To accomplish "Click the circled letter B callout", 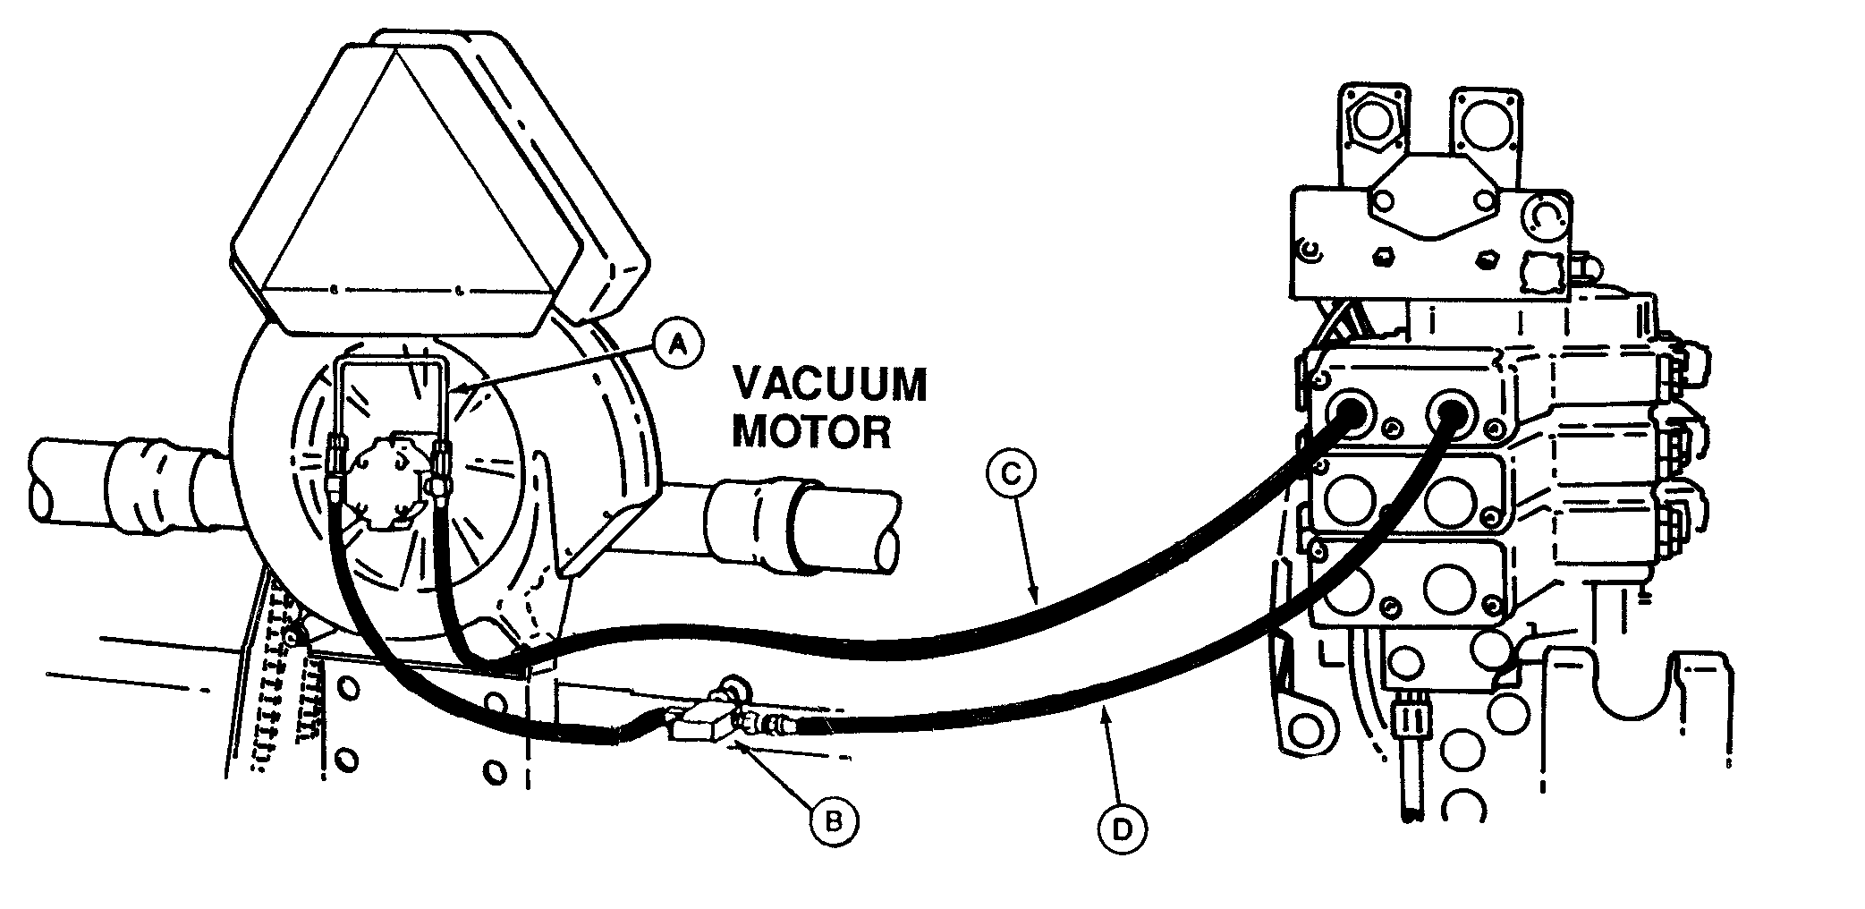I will [834, 820].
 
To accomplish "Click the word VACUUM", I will [829, 387].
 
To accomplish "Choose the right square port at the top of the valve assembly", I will [1486, 121].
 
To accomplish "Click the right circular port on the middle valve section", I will [1449, 501].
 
